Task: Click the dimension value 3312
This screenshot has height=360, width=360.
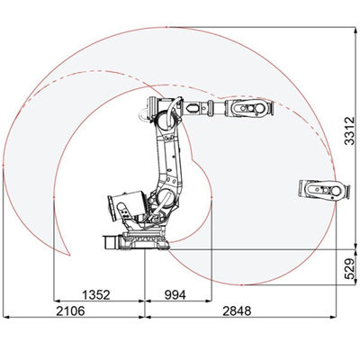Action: (x=349, y=130)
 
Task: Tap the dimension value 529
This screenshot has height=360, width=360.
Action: (x=349, y=268)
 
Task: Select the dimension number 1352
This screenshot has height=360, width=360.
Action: (x=96, y=295)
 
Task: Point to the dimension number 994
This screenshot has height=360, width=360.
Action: (x=175, y=295)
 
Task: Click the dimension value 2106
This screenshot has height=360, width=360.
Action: (x=70, y=311)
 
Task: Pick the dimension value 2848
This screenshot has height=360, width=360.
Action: (x=237, y=311)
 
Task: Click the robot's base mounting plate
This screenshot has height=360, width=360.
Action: (x=143, y=240)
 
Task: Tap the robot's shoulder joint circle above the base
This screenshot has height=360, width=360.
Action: (x=165, y=197)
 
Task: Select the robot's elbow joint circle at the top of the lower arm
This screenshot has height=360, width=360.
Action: (x=164, y=119)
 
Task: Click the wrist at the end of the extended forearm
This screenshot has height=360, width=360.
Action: (x=249, y=107)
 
